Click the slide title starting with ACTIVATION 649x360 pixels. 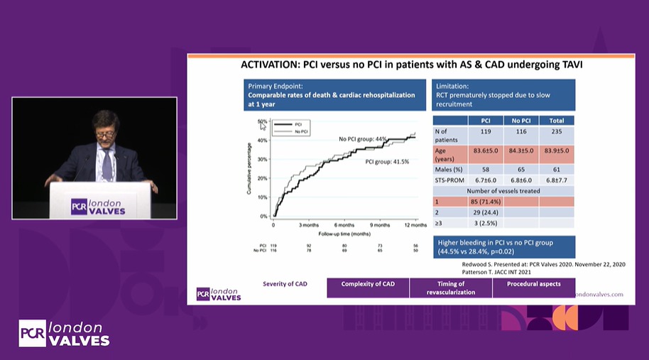[x=407, y=65]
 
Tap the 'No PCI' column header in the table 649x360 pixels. [x=521, y=120]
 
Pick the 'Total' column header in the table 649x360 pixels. [x=557, y=120]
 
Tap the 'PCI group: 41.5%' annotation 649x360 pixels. [x=387, y=162]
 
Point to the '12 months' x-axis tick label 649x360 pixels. [x=415, y=224]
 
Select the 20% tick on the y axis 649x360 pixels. [x=263, y=178]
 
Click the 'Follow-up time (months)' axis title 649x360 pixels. [x=343, y=233]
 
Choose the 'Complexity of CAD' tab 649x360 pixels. [x=368, y=284]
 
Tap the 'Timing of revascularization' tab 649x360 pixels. [x=451, y=288]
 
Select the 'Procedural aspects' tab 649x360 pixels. [x=534, y=284]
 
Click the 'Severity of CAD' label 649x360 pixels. [x=284, y=284]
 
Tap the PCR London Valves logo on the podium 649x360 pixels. [x=99, y=206]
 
